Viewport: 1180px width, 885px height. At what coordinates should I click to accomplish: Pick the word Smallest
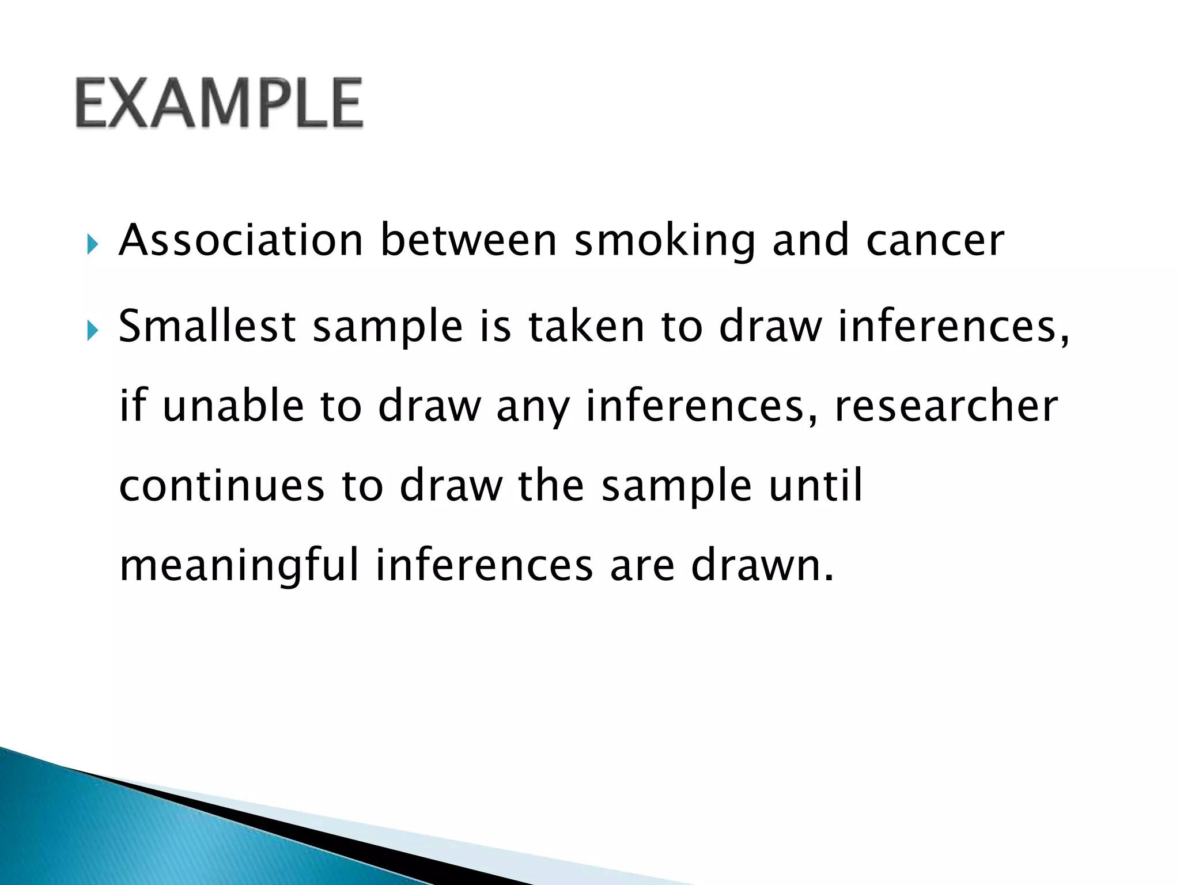point(207,326)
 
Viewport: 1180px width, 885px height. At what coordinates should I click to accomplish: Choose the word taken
point(586,326)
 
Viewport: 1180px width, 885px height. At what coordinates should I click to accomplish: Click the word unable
point(233,406)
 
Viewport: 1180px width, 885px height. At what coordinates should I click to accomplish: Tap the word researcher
point(946,406)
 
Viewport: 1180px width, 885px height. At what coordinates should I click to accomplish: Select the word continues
point(222,485)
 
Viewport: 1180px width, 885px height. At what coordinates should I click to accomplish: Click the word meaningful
point(239,566)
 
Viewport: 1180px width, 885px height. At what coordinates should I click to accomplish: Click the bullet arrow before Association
point(93,245)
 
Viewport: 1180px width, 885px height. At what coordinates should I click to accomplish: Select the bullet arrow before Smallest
point(93,331)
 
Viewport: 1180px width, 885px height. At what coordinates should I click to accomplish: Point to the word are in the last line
point(642,566)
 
